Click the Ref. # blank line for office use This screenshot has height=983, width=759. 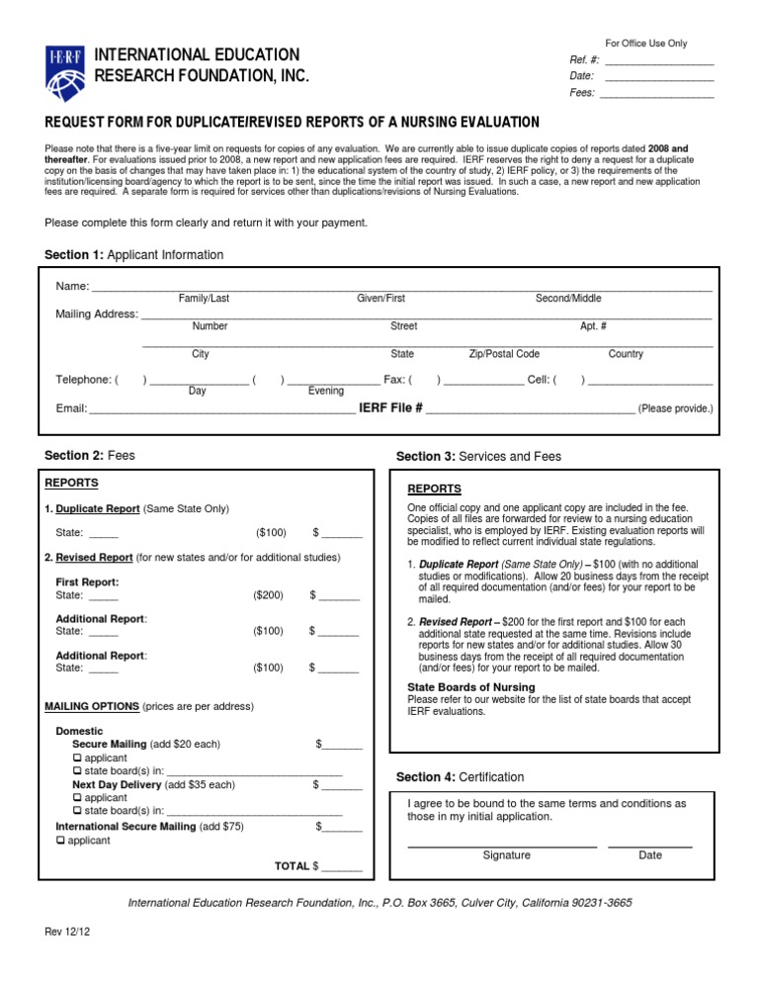tap(658, 61)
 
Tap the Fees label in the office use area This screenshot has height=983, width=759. tap(582, 94)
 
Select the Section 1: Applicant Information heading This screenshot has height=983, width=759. tap(134, 255)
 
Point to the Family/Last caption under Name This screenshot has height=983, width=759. tap(204, 299)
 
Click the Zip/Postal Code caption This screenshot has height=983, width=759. tap(504, 354)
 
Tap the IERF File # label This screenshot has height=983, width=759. tap(391, 407)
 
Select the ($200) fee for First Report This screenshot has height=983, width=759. tap(268, 595)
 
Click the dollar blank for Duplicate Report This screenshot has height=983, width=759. tap(342, 534)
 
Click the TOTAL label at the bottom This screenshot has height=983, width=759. tap(292, 866)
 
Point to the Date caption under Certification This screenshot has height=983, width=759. tap(650, 855)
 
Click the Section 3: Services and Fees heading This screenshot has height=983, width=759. tap(478, 457)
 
